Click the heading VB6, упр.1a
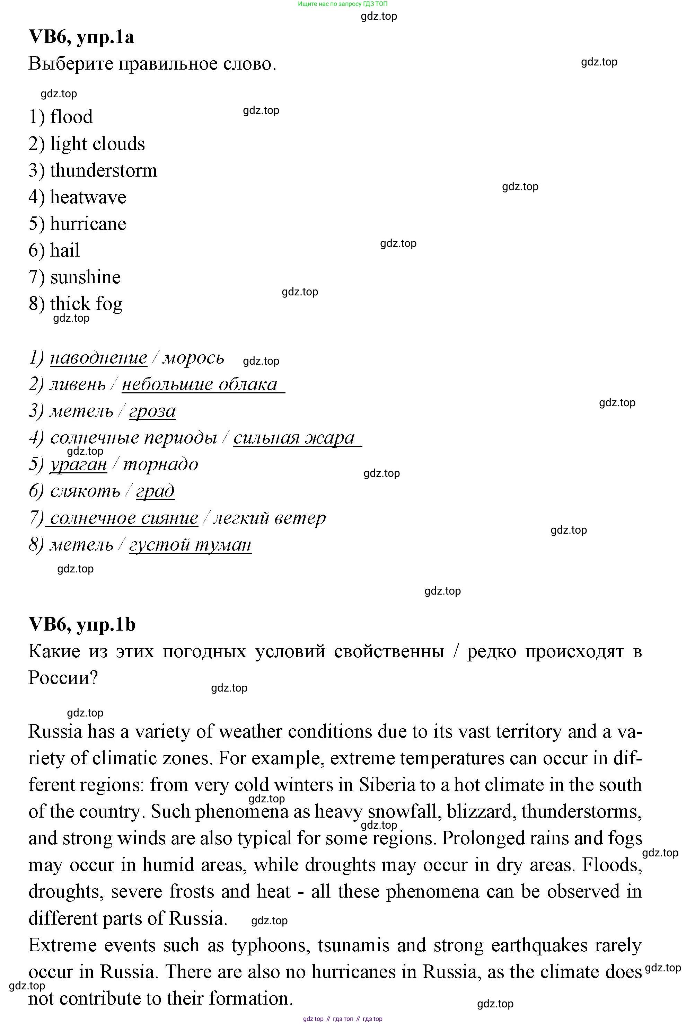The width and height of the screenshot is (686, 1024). click(x=81, y=37)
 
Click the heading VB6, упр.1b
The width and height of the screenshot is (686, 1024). click(x=82, y=624)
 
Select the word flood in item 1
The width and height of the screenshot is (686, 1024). click(x=71, y=117)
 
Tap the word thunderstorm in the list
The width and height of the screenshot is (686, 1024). click(x=103, y=170)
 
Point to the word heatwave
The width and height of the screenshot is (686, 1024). click(x=88, y=197)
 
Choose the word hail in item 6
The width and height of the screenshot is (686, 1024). click(x=65, y=250)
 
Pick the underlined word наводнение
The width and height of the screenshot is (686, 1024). click(x=98, y=358)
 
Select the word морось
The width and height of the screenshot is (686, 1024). click(x=193, y=358)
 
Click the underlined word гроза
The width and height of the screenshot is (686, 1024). click(x=152, y=411)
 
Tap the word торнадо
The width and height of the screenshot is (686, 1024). click(x=160, y=464)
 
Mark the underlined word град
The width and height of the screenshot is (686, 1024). click(x=155, y=491)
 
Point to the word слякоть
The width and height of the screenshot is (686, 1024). click(x=85, y=491)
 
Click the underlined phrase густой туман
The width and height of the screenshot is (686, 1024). click(x=190, y=545)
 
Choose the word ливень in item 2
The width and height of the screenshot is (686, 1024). click(x=78, y=384)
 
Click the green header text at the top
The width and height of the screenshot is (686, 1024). click(x=343, y=4)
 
